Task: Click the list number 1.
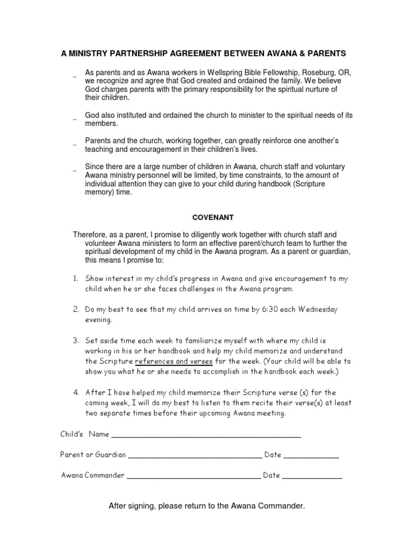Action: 77,278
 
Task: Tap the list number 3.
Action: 77,341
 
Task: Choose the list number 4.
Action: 77,392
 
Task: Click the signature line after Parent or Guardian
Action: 195,456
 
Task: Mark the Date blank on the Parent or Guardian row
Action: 311,456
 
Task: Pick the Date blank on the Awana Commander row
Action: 312,477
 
